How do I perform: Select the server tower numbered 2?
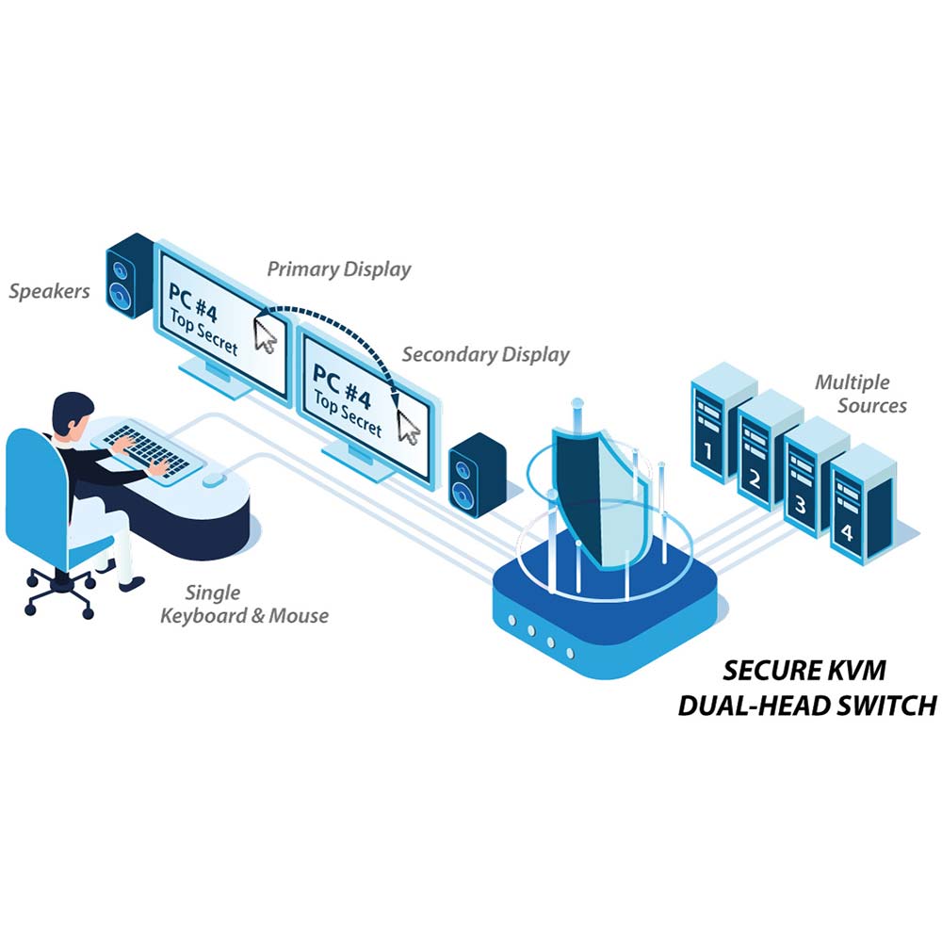click(x=769, y=453)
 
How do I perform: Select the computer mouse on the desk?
click(x=214, y=479)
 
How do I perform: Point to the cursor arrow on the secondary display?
click(x=408, y=424)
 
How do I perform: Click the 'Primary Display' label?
click(x=339, y=268)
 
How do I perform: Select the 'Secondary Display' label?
click(x=486, y=355)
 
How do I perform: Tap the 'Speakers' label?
click(x=50, y=290)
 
